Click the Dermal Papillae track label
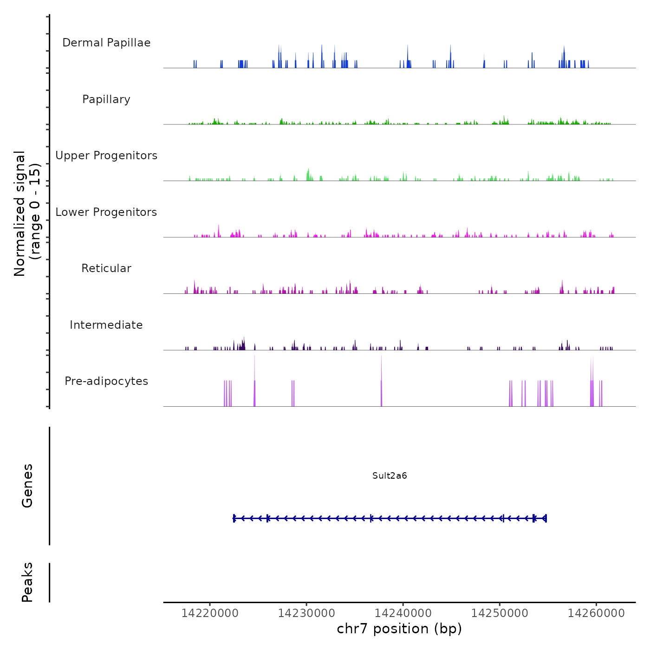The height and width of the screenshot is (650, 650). (106, 43)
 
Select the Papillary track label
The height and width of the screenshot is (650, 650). (106, 99)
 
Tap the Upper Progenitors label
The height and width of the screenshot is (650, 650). (106, 156)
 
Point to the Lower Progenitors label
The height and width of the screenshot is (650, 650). (106, 212)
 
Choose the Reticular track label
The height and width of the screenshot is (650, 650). (106, 268)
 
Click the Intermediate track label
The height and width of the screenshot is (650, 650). (106, 325)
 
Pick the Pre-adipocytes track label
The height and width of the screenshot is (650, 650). (106, 381)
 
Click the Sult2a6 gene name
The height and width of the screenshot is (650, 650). (390, 476)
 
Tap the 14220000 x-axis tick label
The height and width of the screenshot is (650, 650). (210, 613)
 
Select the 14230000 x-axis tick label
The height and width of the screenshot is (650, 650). (306, 613)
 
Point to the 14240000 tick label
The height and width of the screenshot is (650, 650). (403, 613)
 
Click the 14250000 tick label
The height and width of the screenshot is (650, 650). (500, 613)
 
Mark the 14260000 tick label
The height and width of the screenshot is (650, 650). (596, 613)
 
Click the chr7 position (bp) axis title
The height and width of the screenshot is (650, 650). (399, 629)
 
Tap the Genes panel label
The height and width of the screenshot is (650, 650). (27, 486)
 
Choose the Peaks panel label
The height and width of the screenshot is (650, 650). (27, 582)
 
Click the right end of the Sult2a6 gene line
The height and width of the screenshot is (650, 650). (546, 518)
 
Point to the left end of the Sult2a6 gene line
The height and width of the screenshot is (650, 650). (234, 518)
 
